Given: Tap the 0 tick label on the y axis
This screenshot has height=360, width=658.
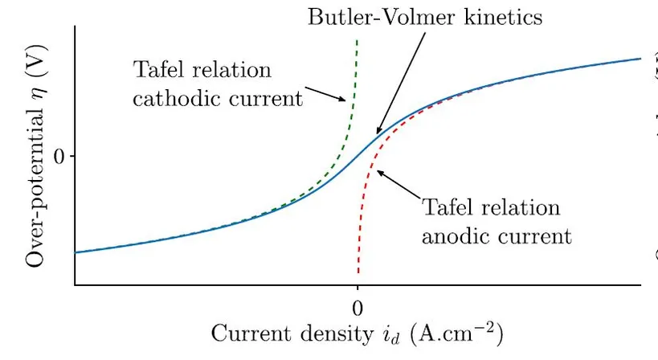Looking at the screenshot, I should pos(58,156).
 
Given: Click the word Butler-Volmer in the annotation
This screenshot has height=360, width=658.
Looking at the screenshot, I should pos(366,17).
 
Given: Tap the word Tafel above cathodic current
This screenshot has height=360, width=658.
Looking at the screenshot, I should pos(161,70).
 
